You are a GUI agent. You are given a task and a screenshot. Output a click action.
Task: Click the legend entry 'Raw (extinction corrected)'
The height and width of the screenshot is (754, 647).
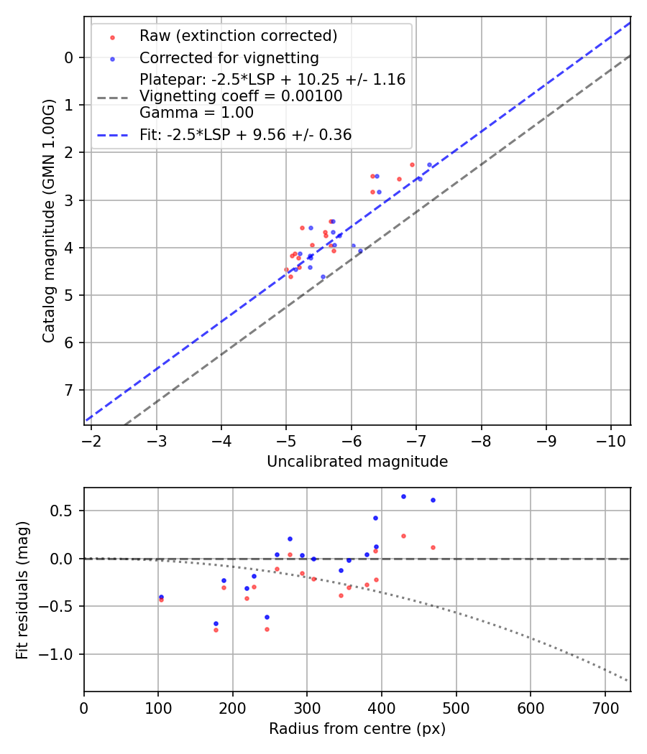click(238, 36)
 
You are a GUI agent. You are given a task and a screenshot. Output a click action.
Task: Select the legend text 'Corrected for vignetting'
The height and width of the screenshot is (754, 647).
click(229, 57)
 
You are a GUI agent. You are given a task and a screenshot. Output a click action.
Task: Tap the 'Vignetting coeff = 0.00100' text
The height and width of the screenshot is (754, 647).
click(241, 96)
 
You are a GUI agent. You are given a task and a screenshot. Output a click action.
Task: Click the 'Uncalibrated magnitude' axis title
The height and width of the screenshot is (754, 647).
click(357, 462)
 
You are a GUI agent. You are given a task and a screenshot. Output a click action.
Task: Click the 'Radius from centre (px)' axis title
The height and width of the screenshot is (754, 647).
click(357, 729)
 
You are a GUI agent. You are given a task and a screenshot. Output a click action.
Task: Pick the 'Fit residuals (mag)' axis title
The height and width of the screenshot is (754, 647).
click(22, 590)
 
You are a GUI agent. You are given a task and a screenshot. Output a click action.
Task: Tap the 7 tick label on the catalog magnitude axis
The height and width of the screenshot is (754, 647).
click(69, 390)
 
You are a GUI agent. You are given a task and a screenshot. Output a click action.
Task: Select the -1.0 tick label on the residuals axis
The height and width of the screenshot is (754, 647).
click(61, 654)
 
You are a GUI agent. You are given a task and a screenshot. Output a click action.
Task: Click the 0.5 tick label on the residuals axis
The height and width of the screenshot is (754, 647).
click(65, 511)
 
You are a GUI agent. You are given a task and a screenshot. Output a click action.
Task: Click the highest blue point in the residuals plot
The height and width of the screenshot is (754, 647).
click(403, 496)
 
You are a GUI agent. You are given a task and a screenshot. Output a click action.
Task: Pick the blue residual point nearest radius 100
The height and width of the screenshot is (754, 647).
click(161, 597)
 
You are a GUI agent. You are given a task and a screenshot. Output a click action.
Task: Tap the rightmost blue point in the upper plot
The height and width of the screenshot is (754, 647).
click(429, 164)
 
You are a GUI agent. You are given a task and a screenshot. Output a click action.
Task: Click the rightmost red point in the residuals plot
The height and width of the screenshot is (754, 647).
click(433, 547)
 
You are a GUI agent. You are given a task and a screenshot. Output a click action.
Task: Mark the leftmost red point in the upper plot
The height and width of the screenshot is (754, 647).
click(286, 269)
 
